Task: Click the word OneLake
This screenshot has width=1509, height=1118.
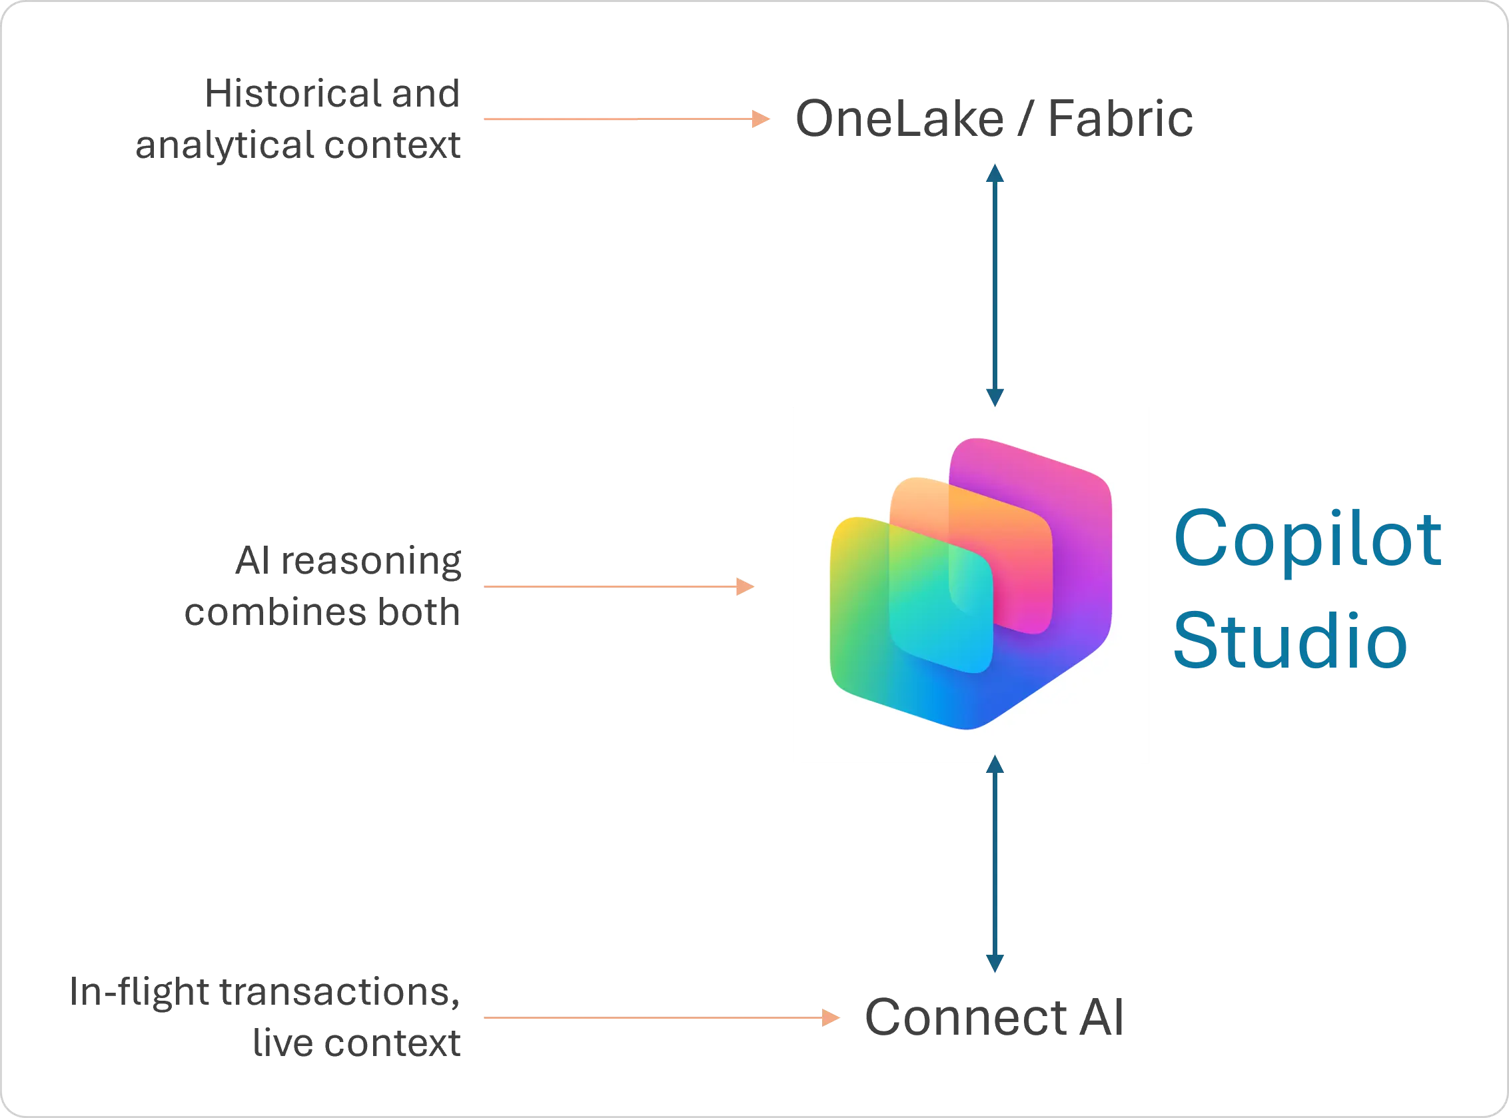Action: (899, 119)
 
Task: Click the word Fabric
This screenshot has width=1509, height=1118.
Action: (1120, 119)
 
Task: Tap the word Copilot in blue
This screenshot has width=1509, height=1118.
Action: (1307, 539)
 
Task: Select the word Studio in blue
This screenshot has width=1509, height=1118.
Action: (1290, 640)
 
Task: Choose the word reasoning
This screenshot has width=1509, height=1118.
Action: (371, 561)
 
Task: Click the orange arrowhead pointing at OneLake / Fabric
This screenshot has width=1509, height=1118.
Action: (761, 119)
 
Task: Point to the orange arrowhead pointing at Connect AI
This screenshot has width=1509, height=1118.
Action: (831, 1017)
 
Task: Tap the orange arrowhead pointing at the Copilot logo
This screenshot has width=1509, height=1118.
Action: (745, 586)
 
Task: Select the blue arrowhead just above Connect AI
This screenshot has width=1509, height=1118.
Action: (995, 963)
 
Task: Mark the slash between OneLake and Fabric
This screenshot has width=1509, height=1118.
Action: (1026, 119)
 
